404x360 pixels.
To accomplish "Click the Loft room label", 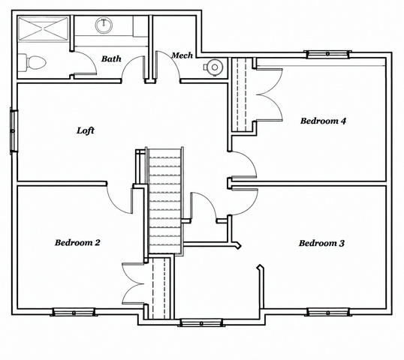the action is click(x=86, y=130).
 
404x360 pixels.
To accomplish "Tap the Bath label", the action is click(x=111, y=58).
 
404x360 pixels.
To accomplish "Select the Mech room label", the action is click(x=182, y=55).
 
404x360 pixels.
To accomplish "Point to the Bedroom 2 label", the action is click(x=77, y=242).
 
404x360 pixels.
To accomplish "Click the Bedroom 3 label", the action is click(x=321, y=243).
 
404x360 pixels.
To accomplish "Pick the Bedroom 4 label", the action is click(x=323, y=121).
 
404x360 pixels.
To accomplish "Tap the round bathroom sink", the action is click(x=104, y=25).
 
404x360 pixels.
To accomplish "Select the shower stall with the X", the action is click(x=44, y=28).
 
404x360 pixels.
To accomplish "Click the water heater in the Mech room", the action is click(x=213, y=67).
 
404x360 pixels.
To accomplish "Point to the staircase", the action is click(x=164, y=200).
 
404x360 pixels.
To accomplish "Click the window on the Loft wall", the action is click(x=14, y=131).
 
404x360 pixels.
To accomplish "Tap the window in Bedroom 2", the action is click(x=74, y=312).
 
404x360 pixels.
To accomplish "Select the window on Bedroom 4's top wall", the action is click(x=327, y=54).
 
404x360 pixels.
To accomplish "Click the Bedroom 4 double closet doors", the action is click(x=269, y=94).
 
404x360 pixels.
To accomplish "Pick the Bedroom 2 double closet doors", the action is click(x=133, y=283).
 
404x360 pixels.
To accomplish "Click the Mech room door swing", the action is click(x=167, y=64).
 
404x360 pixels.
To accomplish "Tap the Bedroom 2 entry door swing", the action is click(x=119, y=199).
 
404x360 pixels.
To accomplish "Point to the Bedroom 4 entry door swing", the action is click(x=244, y=164).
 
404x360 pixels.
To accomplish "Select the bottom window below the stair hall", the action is click(x=201, y=322).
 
